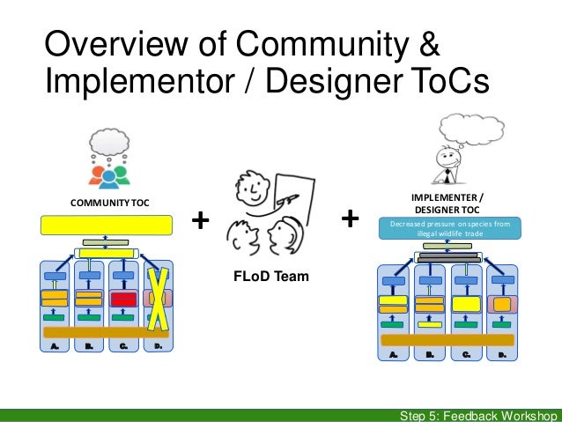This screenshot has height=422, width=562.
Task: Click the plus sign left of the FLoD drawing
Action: pos(202,218)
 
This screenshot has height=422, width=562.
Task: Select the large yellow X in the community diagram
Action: pos(158,298)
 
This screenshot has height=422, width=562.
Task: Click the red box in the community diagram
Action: pos(123,299)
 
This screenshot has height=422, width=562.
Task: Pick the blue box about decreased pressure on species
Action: pos(449,229)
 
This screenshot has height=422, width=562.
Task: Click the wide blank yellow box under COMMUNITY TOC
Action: pos(105,225)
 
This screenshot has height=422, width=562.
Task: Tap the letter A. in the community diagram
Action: pos(55,346)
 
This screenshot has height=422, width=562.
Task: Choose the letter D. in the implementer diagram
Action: pos(503,354)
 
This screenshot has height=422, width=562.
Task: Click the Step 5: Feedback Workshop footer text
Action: pos(476,415)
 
